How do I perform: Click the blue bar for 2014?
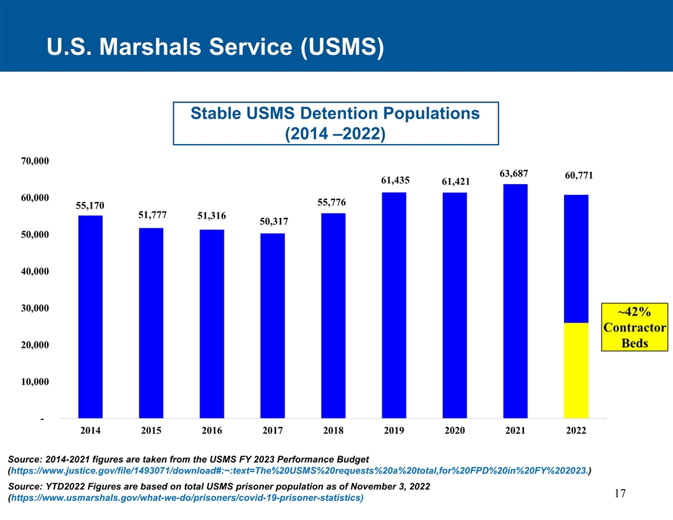(90, 317)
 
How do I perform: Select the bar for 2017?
(273, 326)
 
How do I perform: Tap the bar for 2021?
(516, 301)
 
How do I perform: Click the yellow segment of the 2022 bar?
(576, 370)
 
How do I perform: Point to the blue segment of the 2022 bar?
(576, 259)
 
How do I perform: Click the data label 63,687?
(514, 173)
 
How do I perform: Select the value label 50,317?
(274, 221)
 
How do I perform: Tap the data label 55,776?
(331, 202)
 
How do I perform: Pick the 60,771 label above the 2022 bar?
(579, 175)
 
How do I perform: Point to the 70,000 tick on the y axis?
(35, 161)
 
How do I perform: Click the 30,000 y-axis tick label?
(35, 308)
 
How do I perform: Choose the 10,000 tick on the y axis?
(35, 382)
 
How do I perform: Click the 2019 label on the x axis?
(394, 430)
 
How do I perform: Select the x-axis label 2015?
(151, 430)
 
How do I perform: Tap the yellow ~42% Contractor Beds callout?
(634, 327)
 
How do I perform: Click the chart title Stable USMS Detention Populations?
(335, 113)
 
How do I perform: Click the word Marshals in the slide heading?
(150, 47)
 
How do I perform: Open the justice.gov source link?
(299, 471)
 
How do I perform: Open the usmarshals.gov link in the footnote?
(187, 498)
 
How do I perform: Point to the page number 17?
(619, 493)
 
